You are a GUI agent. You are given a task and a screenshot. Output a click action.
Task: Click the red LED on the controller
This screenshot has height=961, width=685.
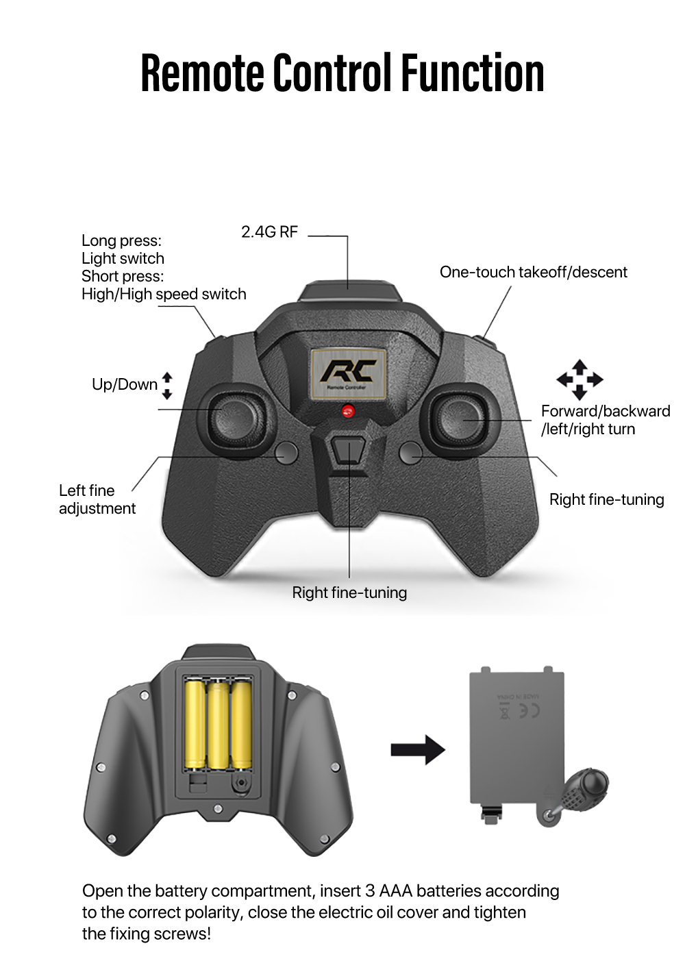coord(347,411)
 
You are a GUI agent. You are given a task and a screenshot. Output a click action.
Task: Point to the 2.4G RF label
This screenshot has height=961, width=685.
coord(269,232)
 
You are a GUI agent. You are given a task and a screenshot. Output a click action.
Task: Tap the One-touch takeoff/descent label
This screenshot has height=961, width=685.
coord(533,272)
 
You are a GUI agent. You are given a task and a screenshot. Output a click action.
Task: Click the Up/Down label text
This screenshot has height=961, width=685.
coord(125,384)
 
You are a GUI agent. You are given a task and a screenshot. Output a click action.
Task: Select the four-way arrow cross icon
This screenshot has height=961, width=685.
coord(580,379)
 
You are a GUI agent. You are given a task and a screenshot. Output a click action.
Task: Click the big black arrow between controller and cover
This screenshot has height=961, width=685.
coord(417,750)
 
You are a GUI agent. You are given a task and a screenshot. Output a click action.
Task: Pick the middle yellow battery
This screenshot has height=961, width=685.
coord(218,724)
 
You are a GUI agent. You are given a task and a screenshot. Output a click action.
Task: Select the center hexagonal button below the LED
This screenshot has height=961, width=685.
coord(347,451)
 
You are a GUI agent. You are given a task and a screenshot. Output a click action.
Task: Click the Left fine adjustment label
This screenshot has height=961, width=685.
coord(97,499)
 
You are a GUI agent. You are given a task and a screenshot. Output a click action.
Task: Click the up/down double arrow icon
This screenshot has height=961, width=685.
coord(167,386)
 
